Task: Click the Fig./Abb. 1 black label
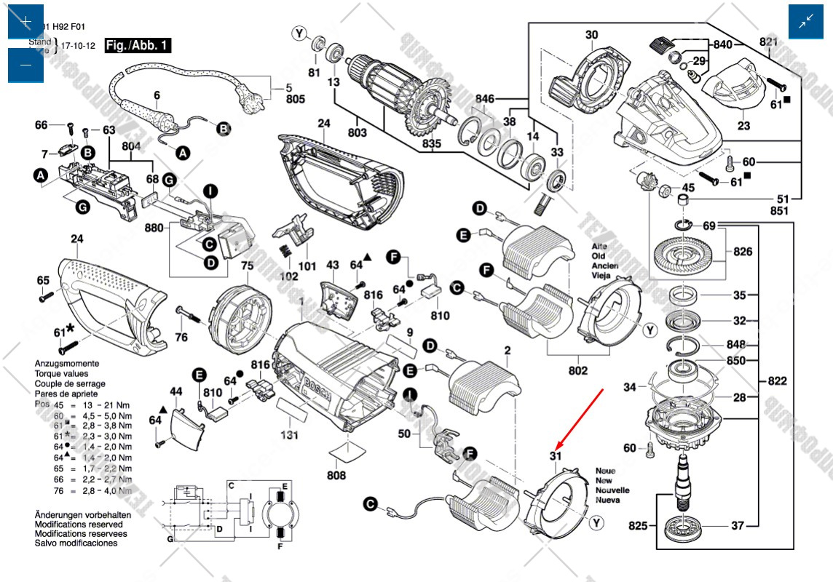tap(138, 45)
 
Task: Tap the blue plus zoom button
tap(26, 22)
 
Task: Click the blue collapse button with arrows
tap(806, 22)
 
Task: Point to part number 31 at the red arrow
tap(556, 456)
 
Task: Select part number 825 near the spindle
tap(638, 525)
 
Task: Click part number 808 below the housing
tap(336, 476)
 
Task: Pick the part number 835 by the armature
tap(433, 144)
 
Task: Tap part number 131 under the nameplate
tap(291, 435)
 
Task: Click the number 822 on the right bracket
tap(777, 380)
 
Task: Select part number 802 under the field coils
tap(578, 370)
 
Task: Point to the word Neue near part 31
tap(605, 471)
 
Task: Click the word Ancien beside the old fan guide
tap(606, 266)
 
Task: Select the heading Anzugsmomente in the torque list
tap(67, 363)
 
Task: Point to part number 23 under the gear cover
tap(743, 125)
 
